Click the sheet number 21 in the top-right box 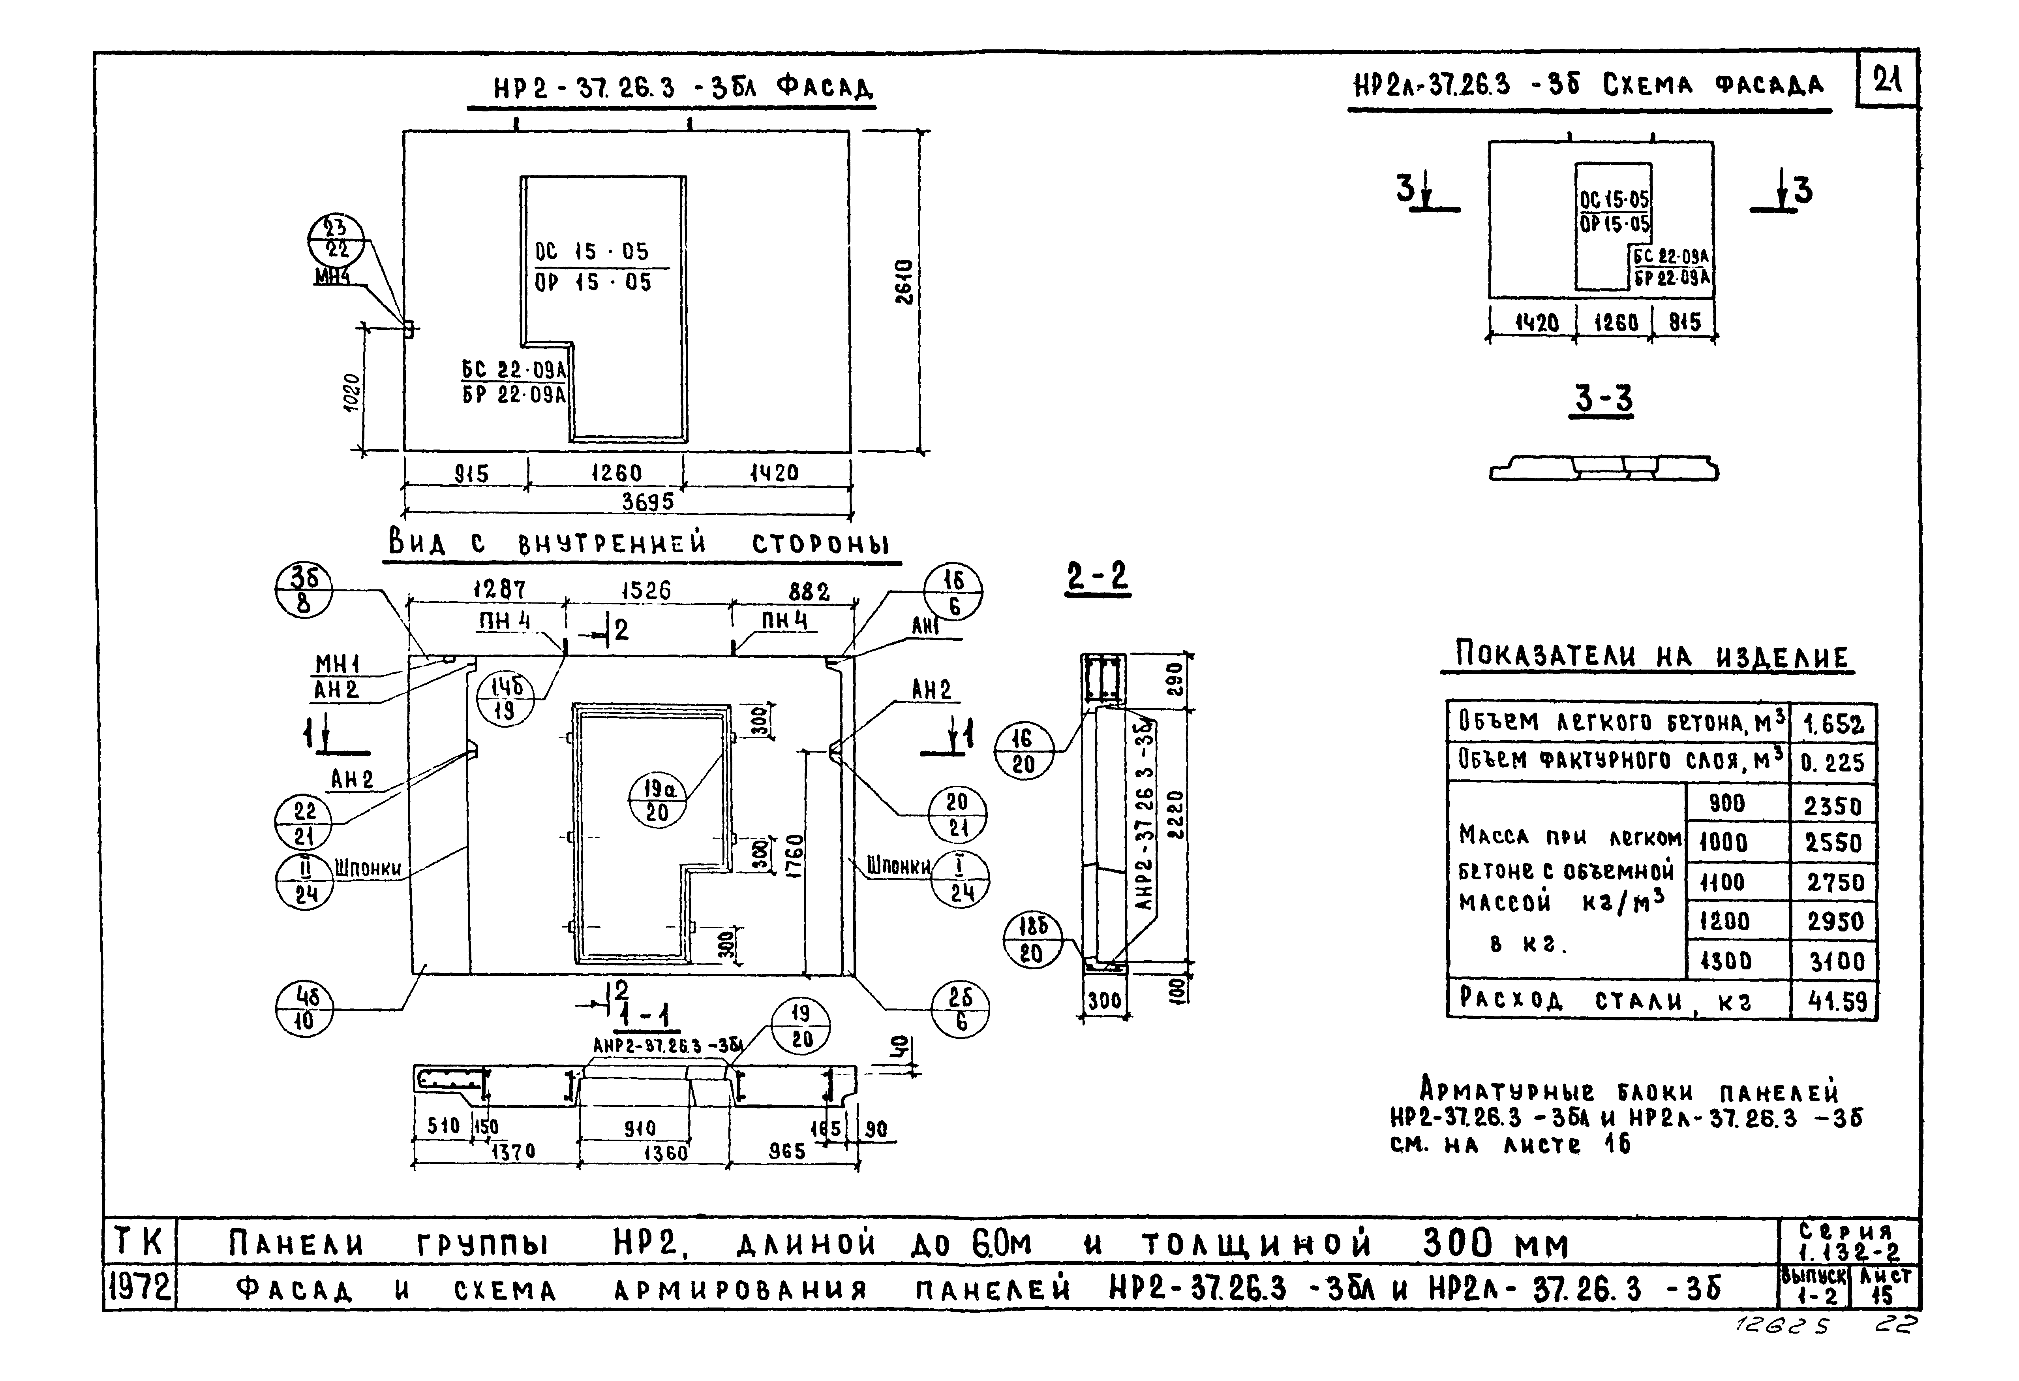click(x=1888, y=81)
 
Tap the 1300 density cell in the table click(x=1726, y=961)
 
